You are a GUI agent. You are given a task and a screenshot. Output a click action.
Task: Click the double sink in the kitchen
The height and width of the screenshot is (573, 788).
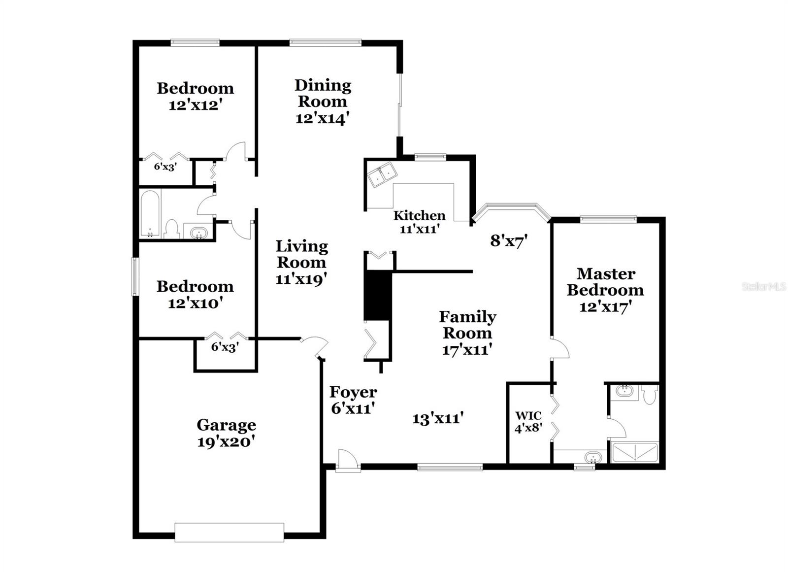(382, 175)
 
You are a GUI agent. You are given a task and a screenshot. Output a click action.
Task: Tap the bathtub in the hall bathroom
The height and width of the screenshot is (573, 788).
(150, 214)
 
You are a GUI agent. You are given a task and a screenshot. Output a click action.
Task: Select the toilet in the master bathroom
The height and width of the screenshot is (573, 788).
(650, 395)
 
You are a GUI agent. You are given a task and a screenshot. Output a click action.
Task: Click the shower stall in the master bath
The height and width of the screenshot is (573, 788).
(634, 452)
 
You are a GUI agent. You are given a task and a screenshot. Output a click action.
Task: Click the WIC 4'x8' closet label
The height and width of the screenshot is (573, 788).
(528, 422)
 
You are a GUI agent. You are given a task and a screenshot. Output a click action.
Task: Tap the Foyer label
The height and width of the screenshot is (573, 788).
(353, 392)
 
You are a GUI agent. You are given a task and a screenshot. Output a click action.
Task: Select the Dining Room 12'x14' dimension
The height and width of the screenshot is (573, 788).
(323, 119)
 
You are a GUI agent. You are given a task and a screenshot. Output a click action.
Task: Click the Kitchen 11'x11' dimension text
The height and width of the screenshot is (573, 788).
(419, 229)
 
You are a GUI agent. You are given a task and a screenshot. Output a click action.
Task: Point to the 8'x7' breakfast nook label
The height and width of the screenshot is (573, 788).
(509, 241)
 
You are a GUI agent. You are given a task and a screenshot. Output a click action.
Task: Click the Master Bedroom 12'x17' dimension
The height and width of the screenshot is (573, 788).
(605, 307)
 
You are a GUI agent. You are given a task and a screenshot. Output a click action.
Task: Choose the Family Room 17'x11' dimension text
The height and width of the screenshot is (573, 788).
(467, 350)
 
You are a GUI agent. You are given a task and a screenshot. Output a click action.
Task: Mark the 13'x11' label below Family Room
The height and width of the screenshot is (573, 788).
(438, 419)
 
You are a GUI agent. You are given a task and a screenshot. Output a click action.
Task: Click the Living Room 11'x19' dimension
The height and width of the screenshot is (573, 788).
(301, 279)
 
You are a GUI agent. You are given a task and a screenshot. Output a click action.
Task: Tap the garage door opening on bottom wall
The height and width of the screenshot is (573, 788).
(230, 533)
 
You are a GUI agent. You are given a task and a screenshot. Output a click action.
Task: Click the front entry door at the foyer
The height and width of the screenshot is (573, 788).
(347, 461)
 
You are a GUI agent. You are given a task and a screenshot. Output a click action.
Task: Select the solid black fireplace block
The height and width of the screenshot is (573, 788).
(377, 296)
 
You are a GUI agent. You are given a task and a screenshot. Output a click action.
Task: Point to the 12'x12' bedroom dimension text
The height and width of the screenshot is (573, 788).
(194, 105)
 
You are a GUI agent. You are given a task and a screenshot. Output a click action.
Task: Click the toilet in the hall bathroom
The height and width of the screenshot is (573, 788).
(171, 229)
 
